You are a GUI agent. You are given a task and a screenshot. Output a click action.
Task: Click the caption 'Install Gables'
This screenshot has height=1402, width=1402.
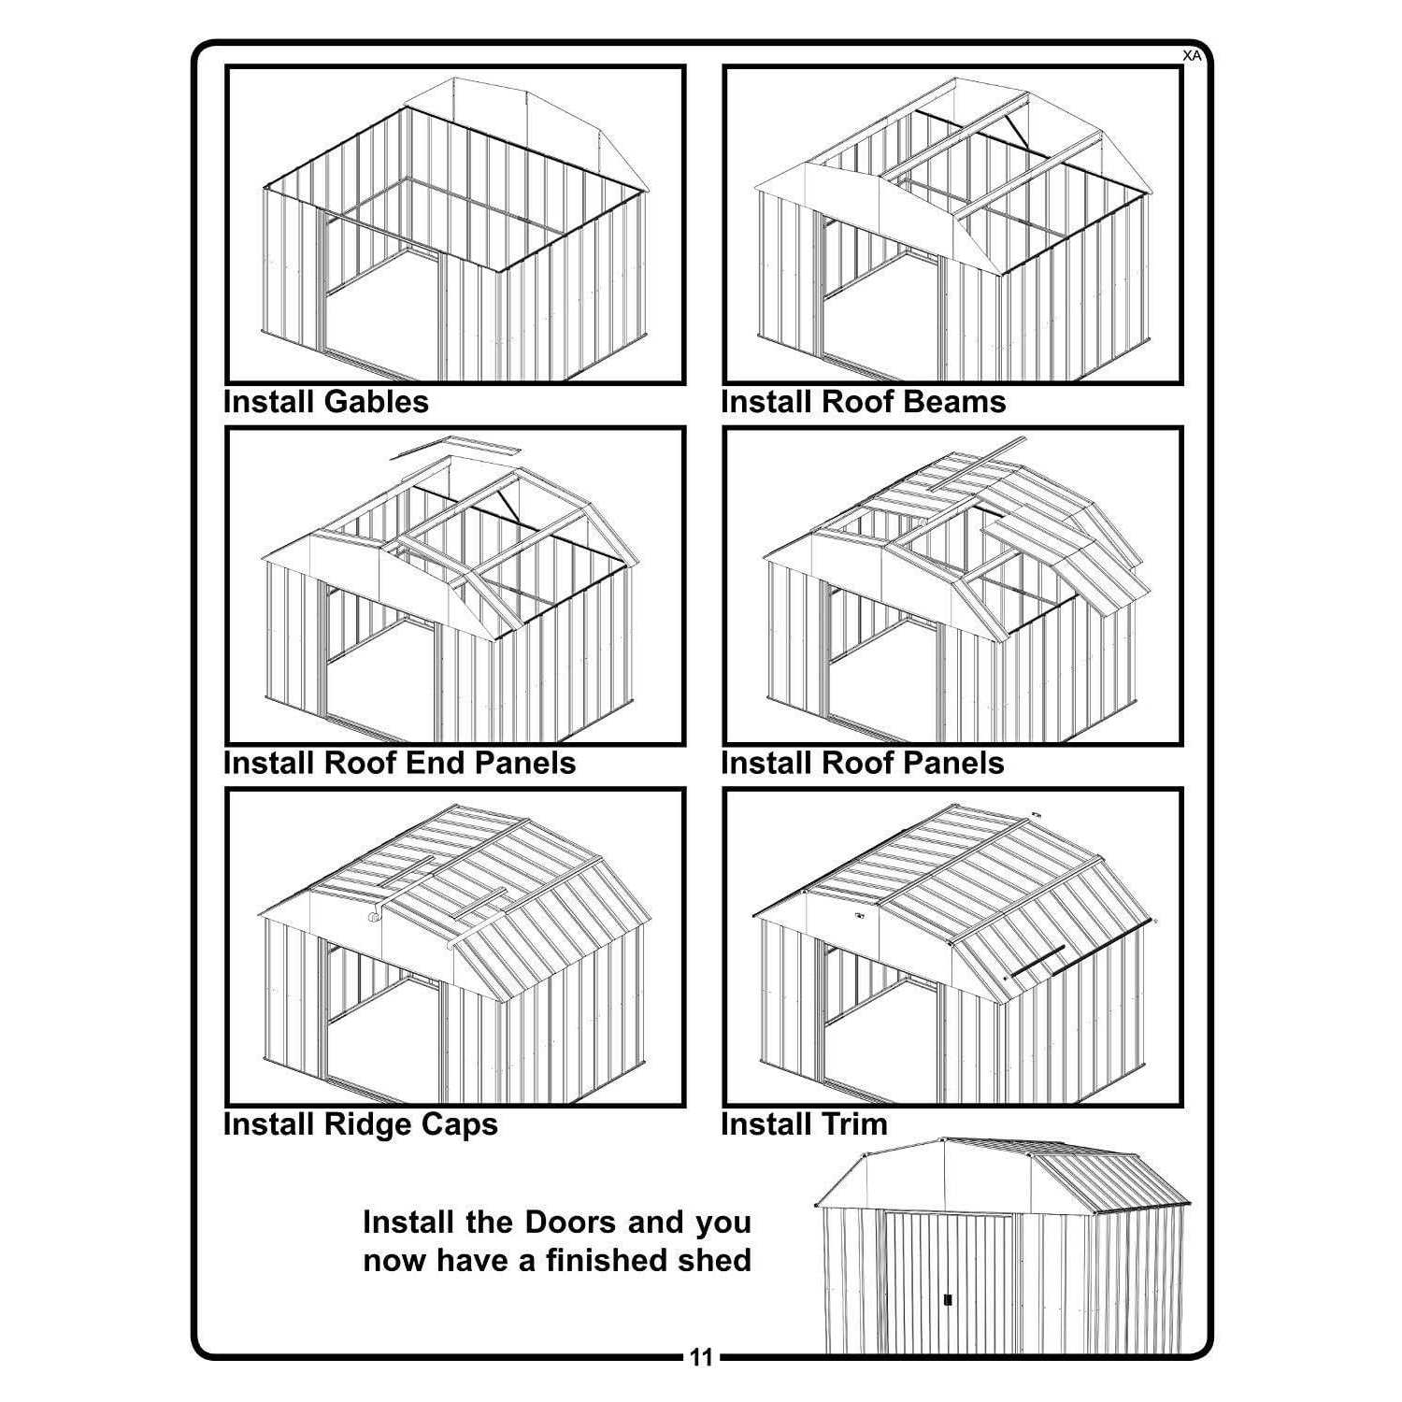[x=325, y=402]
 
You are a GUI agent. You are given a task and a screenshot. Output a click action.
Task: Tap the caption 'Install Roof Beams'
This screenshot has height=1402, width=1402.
[x=864, y=402]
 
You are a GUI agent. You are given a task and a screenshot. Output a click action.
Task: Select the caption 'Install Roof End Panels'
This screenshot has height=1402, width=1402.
[x=399, y=763]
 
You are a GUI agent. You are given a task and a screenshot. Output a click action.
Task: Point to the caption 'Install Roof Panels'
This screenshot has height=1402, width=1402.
[x=863, y=763]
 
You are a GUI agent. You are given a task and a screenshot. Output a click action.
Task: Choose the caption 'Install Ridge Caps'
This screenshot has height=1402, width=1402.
[x=361, y=1123]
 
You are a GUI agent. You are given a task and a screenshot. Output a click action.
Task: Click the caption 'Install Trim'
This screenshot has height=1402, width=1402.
[x=804, y=1123]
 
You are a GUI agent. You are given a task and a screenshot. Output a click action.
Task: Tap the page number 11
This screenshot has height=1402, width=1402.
[x=701, y=1357]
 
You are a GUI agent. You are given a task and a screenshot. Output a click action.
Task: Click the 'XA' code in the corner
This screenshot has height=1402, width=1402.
[x=1192, y=55]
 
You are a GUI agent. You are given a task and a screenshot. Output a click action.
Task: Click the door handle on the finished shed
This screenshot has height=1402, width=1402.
[x=948, y=1300]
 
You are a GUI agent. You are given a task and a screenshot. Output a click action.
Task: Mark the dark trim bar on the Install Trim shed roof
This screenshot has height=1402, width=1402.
[x=1033, y=967]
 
